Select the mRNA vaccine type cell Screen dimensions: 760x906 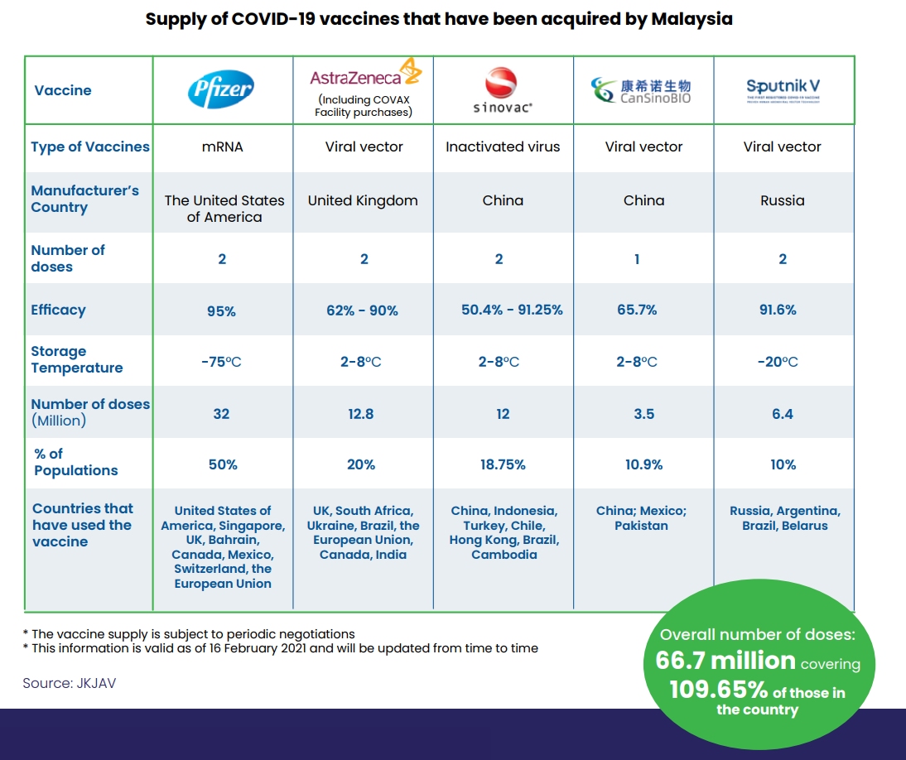tap(221, 147)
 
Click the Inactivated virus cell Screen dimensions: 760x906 tap(503, 147)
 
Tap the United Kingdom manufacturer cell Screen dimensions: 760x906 tap(363, 200)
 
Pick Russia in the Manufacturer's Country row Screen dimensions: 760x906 tap(782, 200)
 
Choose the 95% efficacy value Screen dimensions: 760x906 tap(221, 311)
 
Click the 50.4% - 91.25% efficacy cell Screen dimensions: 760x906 tap(512, 310)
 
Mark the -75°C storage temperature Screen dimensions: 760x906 tap(221, 362)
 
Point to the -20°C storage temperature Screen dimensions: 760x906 tap(778, 362)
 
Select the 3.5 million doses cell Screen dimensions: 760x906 tap(643, 414)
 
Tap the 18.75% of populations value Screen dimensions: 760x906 tap(502, 464)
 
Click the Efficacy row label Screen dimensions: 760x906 tap(58, 310)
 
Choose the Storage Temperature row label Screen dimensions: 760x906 tap(76, 359)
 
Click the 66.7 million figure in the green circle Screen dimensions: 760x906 tap(725, 661)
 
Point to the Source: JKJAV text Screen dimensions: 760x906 tap(69, 684)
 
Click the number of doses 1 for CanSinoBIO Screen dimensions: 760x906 tap(637, 259)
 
